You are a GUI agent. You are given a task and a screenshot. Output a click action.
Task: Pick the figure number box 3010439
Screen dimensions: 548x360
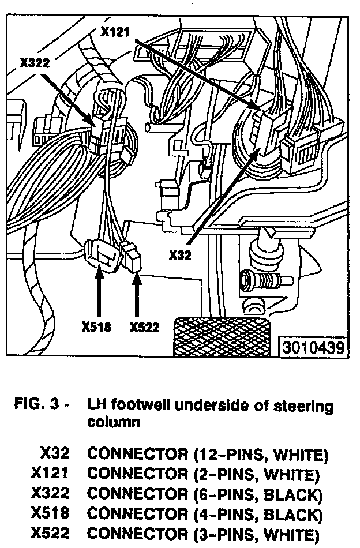(x=313, y=348)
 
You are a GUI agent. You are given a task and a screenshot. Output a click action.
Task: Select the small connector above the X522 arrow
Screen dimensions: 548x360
(x=132, y=256)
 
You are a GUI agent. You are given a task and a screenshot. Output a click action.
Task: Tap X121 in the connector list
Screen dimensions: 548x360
(x=50, y=474)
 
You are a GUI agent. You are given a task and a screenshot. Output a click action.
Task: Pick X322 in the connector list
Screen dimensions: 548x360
(x=50, y=494)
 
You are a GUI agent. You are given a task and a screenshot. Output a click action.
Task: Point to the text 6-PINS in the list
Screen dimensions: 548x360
(x=221, y=494)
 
